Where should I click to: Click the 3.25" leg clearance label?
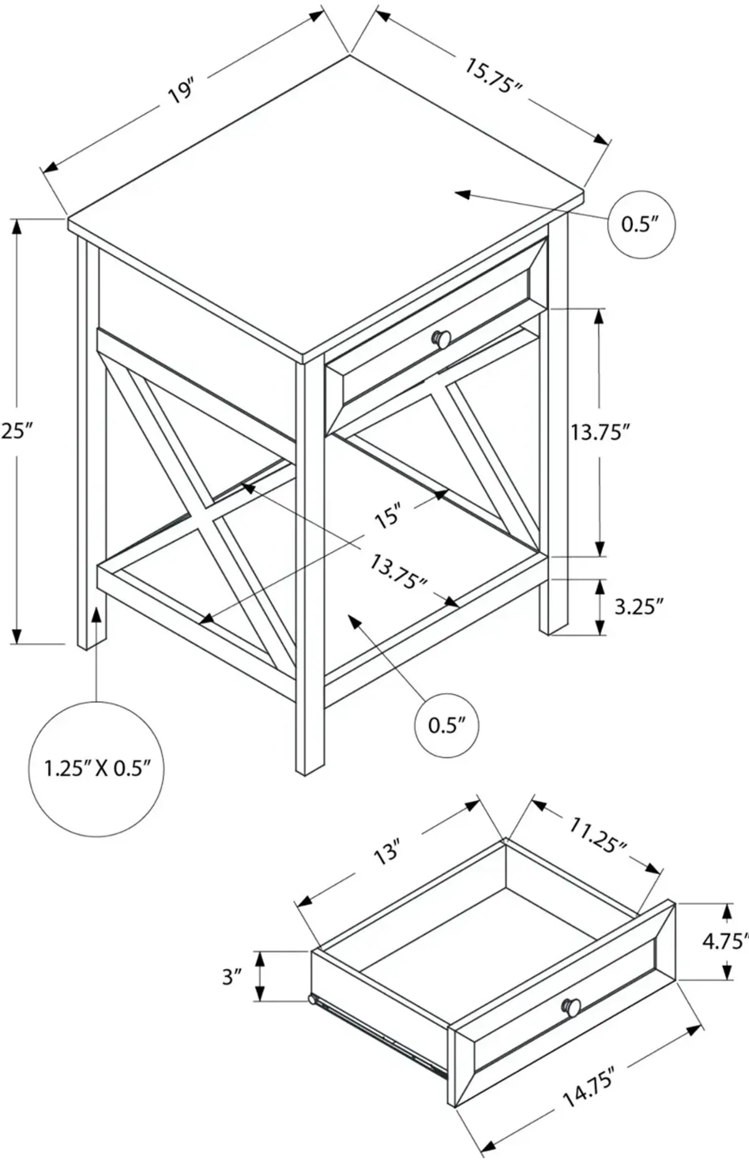tap(638, 606)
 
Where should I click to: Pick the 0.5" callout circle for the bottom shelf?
tap(447, 725)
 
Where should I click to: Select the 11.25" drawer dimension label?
tap(597, 836)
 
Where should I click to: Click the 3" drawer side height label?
tap(232, 976)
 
